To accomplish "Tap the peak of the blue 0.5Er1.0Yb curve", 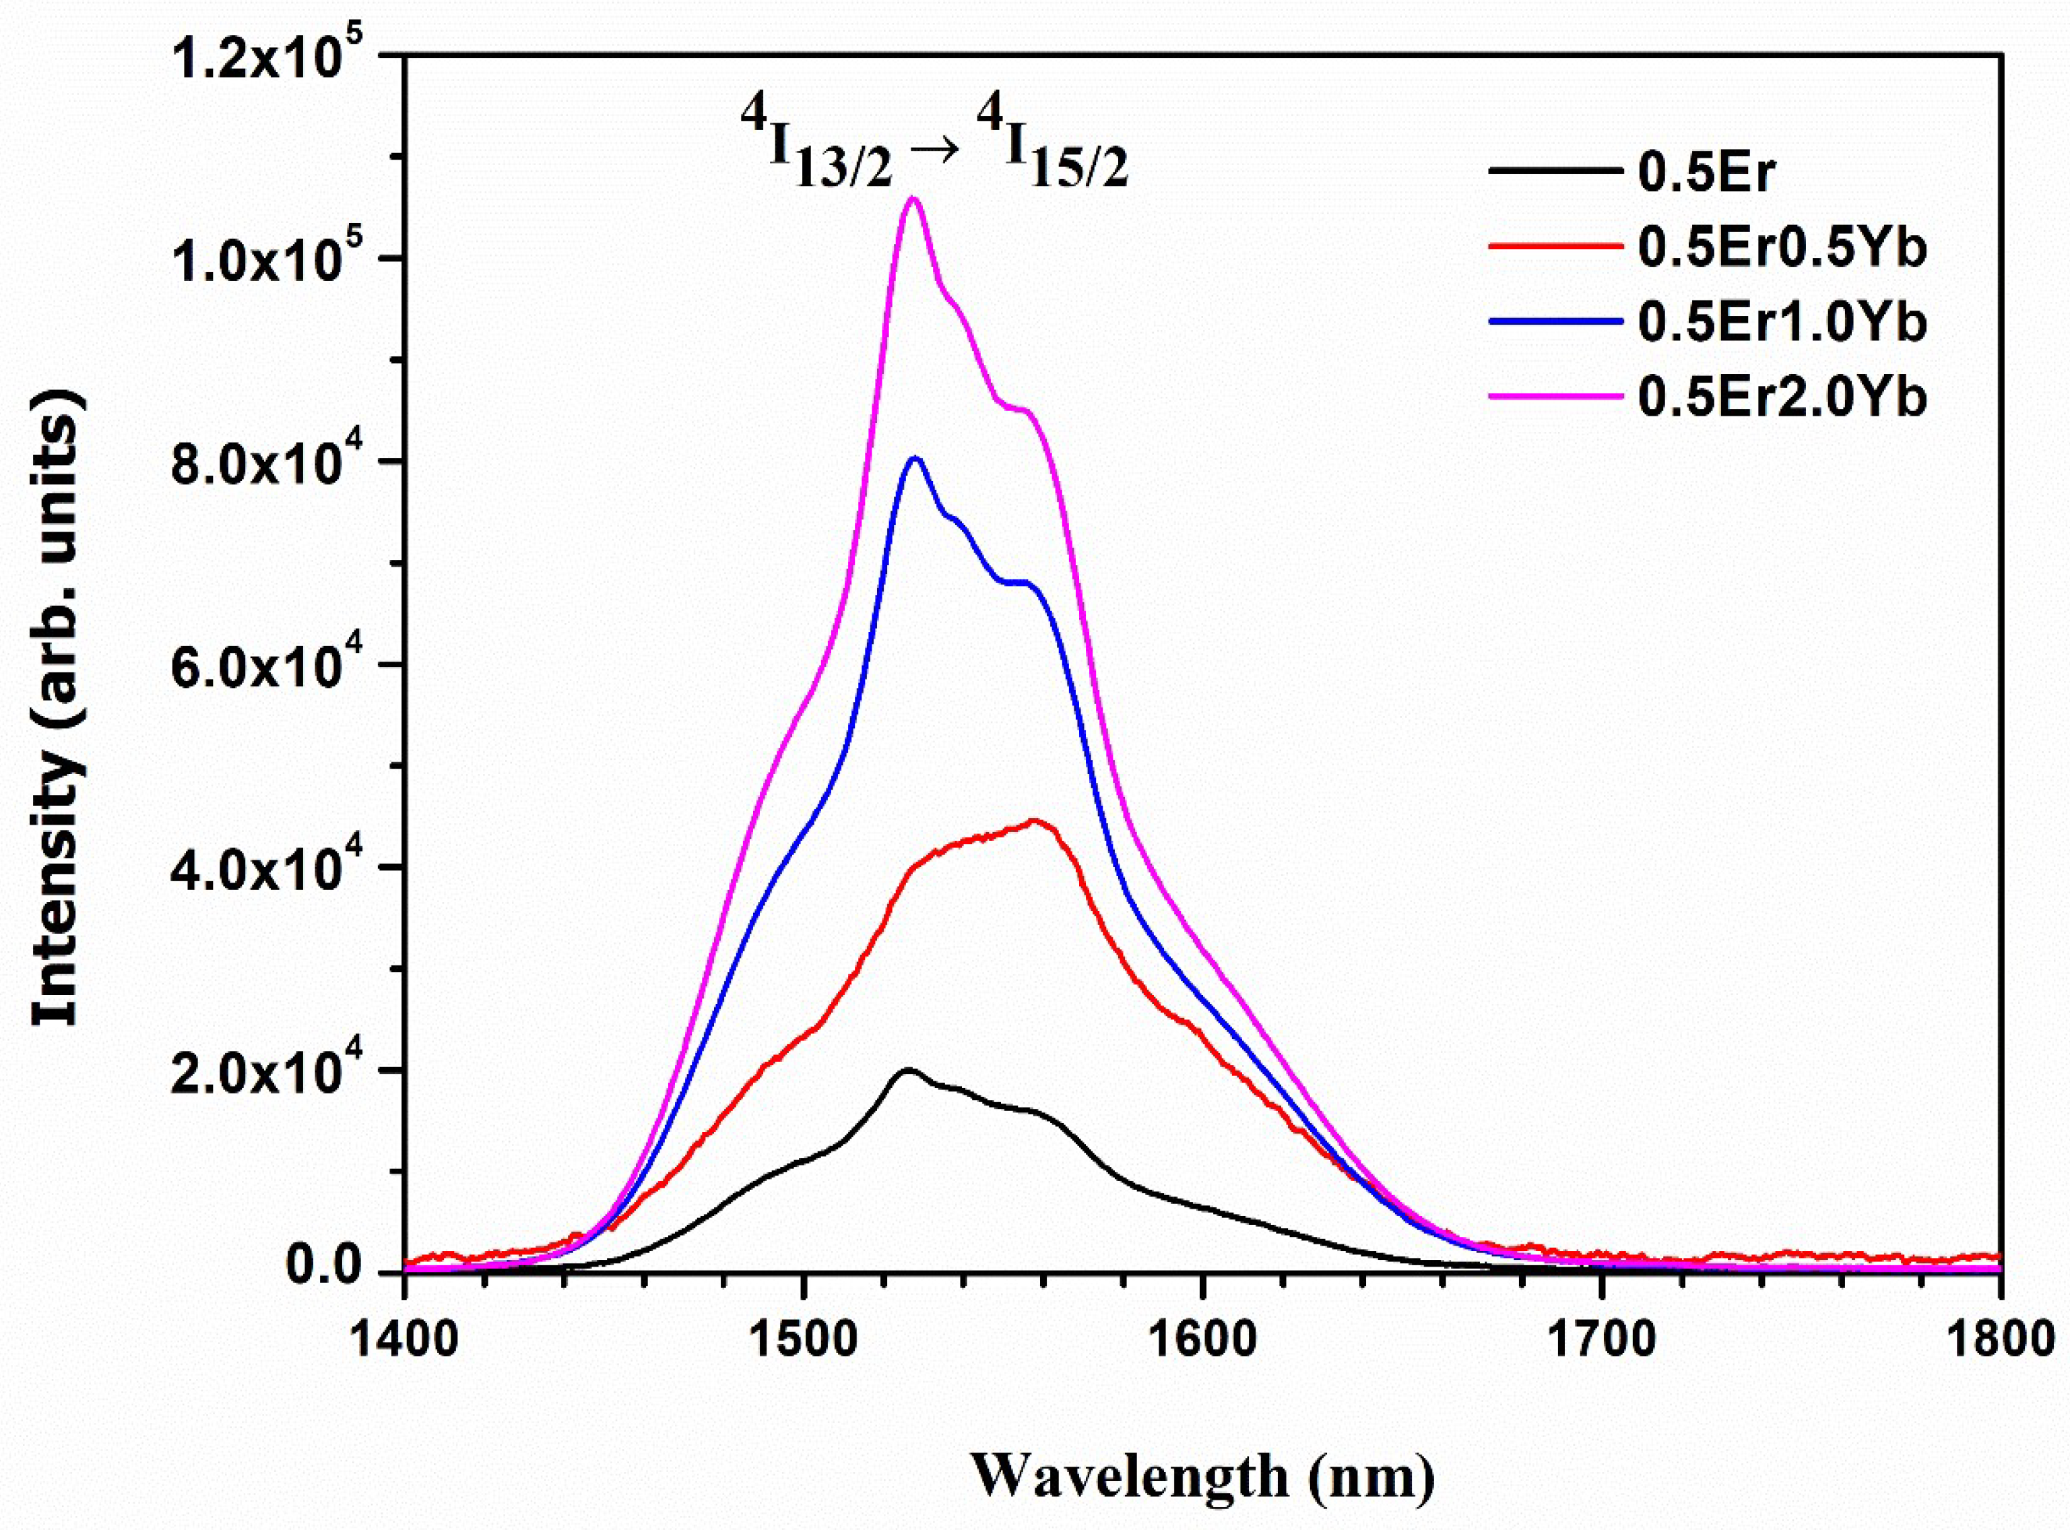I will (x=915, y=457).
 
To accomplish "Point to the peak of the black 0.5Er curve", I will (x=908, y=1070).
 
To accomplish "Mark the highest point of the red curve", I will (x=1035, y=821).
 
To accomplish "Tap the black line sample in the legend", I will (x=1556, y=171).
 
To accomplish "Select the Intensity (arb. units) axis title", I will (x=57, y=662).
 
